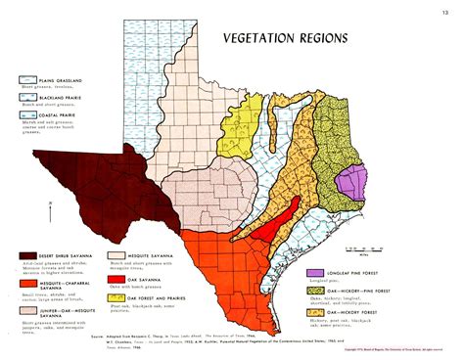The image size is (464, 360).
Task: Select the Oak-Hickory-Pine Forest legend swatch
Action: coord(316,291)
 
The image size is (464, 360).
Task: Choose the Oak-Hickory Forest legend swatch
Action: coord(316,314)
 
